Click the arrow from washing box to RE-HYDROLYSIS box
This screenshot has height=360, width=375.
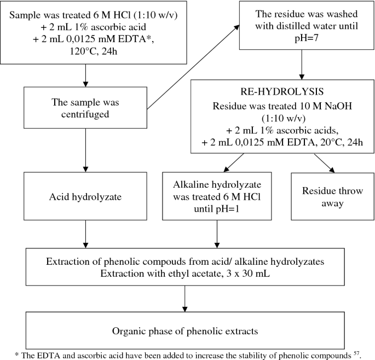pos(301,68)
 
